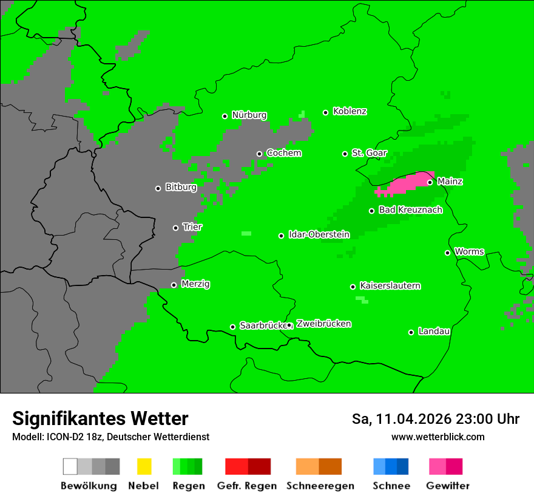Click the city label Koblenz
350,111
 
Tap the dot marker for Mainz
430,182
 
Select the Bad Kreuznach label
410,210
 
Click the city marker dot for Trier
176,228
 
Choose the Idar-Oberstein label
319,234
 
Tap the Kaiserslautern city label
390,285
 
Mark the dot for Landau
411,332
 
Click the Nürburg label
249,115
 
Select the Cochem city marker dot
259,154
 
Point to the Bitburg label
181,187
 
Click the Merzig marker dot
174,285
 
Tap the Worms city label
469,251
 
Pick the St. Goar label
369,153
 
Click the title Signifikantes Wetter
100,419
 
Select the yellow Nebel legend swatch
144,466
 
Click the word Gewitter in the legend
447,486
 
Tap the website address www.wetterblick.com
438,437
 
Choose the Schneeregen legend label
320,486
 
